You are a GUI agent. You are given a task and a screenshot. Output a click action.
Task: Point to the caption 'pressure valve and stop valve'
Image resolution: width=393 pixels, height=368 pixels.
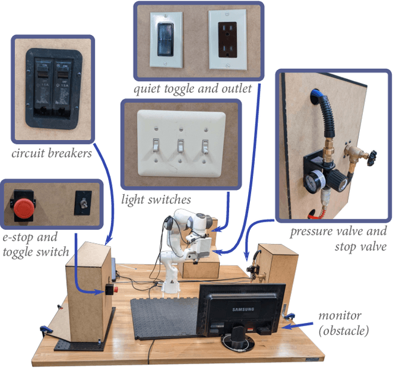[x=338, y=239]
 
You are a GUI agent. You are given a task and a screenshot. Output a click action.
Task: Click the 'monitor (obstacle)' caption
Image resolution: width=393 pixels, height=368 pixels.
[x=344, y=323]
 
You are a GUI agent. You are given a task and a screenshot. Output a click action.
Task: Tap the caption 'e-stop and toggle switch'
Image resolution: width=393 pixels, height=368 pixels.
[x=35, y=243]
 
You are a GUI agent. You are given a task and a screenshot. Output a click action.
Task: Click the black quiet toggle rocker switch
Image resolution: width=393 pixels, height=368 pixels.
[x=165, y=39]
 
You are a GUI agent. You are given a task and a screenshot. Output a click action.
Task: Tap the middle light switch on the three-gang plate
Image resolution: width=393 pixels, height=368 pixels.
[x=181, y=146]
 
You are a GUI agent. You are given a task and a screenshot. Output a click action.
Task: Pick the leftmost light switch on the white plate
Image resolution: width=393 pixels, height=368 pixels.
[x=156, y=146]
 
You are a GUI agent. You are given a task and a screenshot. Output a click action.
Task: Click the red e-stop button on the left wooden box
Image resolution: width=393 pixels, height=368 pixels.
[x=112, y=289]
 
